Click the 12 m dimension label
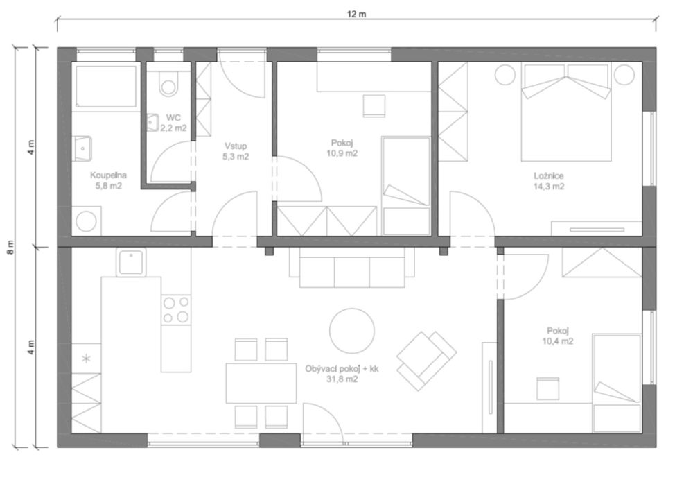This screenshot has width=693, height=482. click(356, 14)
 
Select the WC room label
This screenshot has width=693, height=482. click(173, 118)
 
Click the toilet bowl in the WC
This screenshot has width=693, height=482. click(168, 84)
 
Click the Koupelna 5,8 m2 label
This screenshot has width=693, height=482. click(108, 180)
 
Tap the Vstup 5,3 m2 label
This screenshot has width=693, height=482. click(236, 151)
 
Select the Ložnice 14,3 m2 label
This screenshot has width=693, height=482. click(549, 181)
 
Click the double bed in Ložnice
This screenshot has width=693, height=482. click(566, 112)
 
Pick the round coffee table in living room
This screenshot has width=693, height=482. click(352, 331)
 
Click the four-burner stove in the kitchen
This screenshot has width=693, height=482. click(176, 309)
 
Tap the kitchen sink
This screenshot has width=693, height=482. click(131, 261)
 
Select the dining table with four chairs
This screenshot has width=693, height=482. click(261, 383)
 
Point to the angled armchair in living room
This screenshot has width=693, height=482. click(426, 360)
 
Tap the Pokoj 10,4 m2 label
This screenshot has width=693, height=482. click(558, 336)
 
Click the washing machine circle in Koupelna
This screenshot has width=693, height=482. click(86, 221)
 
